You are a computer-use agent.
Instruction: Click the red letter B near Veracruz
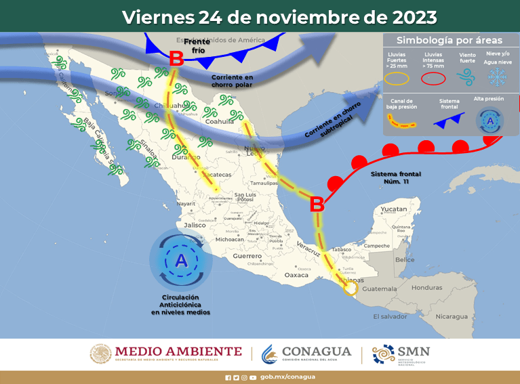tap(316, 204)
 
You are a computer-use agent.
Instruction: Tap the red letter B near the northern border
tap(176, 60)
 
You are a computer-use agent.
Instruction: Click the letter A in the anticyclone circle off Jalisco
tap(180, 260)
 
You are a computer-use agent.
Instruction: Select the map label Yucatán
tap(394, 209)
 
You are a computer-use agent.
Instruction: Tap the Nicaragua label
tap(451, 316)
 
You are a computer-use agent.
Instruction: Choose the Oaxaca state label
tap(296, 275)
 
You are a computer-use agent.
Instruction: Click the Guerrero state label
tap(247, 257)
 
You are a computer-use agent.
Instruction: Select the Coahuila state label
tap(220, 121)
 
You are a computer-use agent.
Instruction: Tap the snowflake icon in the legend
tap(498, 77)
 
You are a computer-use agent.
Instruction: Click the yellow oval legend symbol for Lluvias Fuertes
tap(397, 78)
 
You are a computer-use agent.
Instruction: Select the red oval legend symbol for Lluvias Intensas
tap(433, 78)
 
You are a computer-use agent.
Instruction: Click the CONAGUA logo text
tap(316, 351)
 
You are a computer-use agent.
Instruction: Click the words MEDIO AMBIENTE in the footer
tap(178, 351)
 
